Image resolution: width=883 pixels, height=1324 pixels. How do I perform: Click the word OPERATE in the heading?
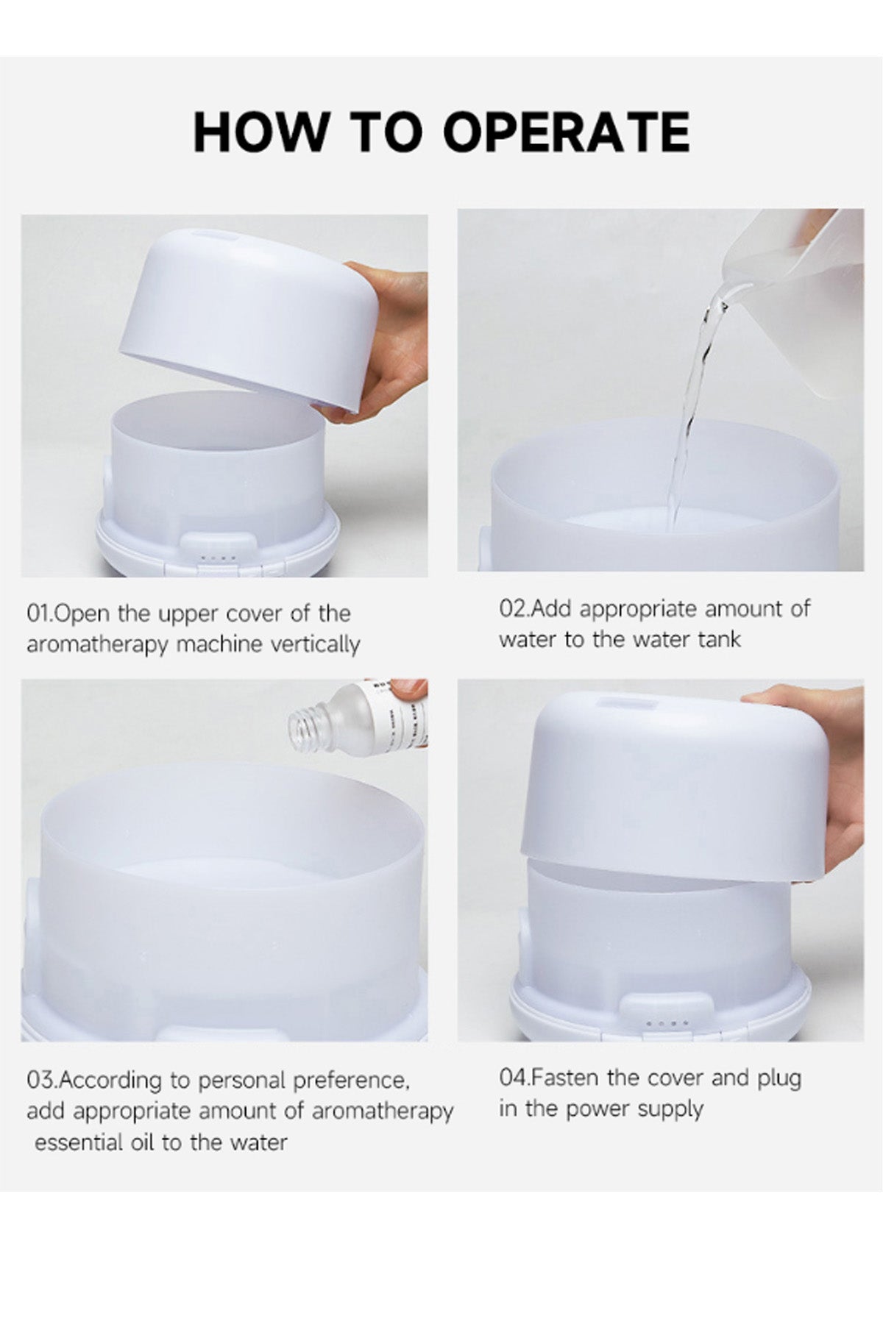[567, 132]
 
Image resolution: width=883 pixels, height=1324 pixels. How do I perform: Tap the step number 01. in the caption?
[40, 613]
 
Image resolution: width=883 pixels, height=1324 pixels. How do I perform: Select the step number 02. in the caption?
[514, 609]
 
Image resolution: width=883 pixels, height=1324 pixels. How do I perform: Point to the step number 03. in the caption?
[42, 1081]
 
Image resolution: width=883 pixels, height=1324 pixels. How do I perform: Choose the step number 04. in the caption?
[514, 1078]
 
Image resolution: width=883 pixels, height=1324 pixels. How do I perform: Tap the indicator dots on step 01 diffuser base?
[219, 559]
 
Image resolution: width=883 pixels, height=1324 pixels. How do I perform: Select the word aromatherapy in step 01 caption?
[97, 645]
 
